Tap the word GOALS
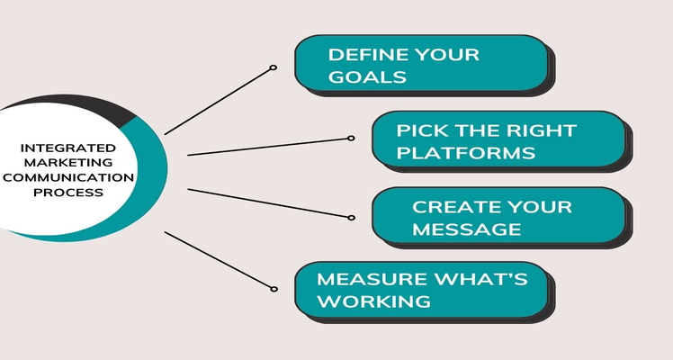[367, 77]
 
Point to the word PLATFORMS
[466, 153]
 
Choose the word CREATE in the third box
[451, 207]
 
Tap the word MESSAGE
[467, 229]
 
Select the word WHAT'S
[480, 279]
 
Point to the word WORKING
[373, 301]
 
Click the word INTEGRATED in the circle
[67, 148]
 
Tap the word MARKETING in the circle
[67, 163]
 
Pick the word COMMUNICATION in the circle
[67, 177]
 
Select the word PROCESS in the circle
[67, 193]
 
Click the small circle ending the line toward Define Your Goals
[273, 67]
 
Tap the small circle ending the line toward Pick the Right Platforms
[351, 139]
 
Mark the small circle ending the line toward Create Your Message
[351, 218]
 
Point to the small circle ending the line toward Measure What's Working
[274, 289]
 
